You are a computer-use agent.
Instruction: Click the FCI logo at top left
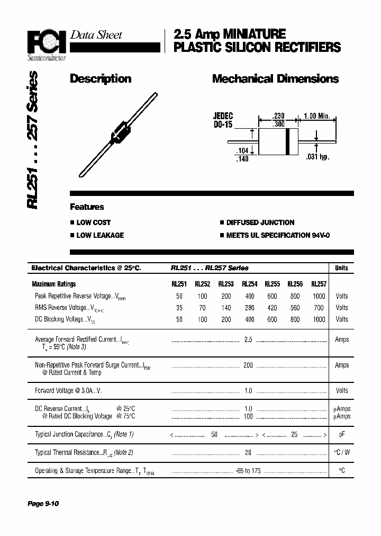(x=47, y=41)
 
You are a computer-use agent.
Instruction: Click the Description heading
(x=101, y=79)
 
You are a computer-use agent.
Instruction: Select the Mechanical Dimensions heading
(x=275, y=79)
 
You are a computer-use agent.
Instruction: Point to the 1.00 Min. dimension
(x=317, y=117)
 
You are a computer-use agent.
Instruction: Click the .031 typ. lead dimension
(x=317, y=157)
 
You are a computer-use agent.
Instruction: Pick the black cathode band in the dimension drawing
(x=287, y=141)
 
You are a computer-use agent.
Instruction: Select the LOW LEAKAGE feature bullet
(x=100, y=235)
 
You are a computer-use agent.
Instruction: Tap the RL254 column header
(x=249, y=284)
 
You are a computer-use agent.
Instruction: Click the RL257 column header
(x=319, y=284)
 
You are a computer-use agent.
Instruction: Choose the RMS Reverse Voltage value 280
(x=249, y=308)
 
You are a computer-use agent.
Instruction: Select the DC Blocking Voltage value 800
(x=295, y=319)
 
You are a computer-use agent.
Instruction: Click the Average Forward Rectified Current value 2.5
(x=248, y=340)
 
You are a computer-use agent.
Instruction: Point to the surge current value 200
(x=248, y=365)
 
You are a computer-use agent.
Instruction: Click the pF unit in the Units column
(x=342, y=434)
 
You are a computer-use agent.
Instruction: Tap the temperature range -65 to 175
(x=249, y=471)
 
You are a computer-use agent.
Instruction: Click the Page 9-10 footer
(x=43, y=504)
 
